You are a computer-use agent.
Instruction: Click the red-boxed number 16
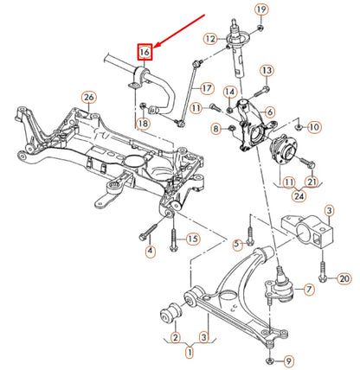[145, 51]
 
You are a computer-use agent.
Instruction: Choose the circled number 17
[207, 87]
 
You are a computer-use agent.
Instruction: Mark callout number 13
[267, 69]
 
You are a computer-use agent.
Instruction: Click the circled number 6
[271, 112]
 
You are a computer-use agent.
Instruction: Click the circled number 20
[344, 278]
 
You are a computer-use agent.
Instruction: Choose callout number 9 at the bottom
[289, 360]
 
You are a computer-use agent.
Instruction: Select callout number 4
[149, 252]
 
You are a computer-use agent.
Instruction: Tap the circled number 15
[193, 238]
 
